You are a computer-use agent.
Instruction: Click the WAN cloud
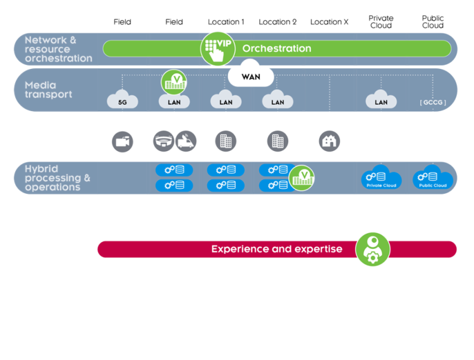pyautogui.click(x=250, y=77)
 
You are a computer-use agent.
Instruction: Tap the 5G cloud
pyautogui.click(x=122, y=100)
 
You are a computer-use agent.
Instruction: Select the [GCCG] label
pyautogui.click(x=433, y=102)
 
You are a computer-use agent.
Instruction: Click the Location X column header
pyautogui.click(x=329, y=22)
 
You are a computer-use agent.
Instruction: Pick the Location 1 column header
pyautogui.click(x=226, y=22)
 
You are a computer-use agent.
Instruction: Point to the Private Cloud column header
pyautogui.click(x=381, y=22)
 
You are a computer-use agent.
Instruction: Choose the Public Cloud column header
pyautogui.click(x=433, y=22)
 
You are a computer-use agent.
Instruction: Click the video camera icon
pyautogui.click(x=122, y=141)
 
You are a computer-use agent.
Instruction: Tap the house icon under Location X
pyautogui.click(x=329, y=141)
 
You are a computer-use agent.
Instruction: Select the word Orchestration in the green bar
pyautogui.click(x=277, y=49)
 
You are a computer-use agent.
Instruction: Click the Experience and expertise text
pyautogui.click(x=277, y=249)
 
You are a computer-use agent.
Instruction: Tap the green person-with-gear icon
pyautogui.click(x=372, y=249)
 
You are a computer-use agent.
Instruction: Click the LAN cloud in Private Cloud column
pyautogui.click(x=381, y=100)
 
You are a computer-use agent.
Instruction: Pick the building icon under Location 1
pyautogui.click(x=226, y=141)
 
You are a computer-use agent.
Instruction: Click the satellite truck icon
pyautogui.click(x=186, y=141)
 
